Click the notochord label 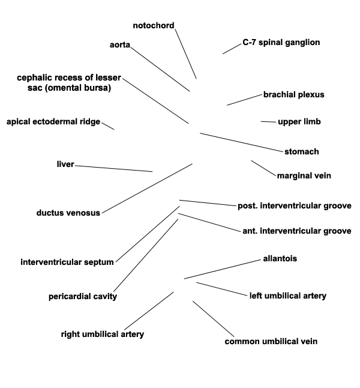click(154, 25)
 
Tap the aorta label click(120, 45)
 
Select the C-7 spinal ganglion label click(281, 42)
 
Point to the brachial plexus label click(294, 94)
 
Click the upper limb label click(299, 122)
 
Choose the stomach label click(302, 151)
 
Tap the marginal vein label click(304, 176)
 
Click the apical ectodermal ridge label click(53, 122)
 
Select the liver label click(65, 164)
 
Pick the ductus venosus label click(68, 213)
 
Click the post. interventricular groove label click(295, 206)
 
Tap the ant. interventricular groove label click(297, 231)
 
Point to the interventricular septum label click(67, 262)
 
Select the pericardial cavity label click(83, 297)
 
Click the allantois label click(280, 259)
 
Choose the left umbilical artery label click(288, 296)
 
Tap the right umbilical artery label click(103, 335)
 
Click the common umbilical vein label click(271, 342)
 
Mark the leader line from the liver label click(114, 169)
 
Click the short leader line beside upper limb click(268, 122)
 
